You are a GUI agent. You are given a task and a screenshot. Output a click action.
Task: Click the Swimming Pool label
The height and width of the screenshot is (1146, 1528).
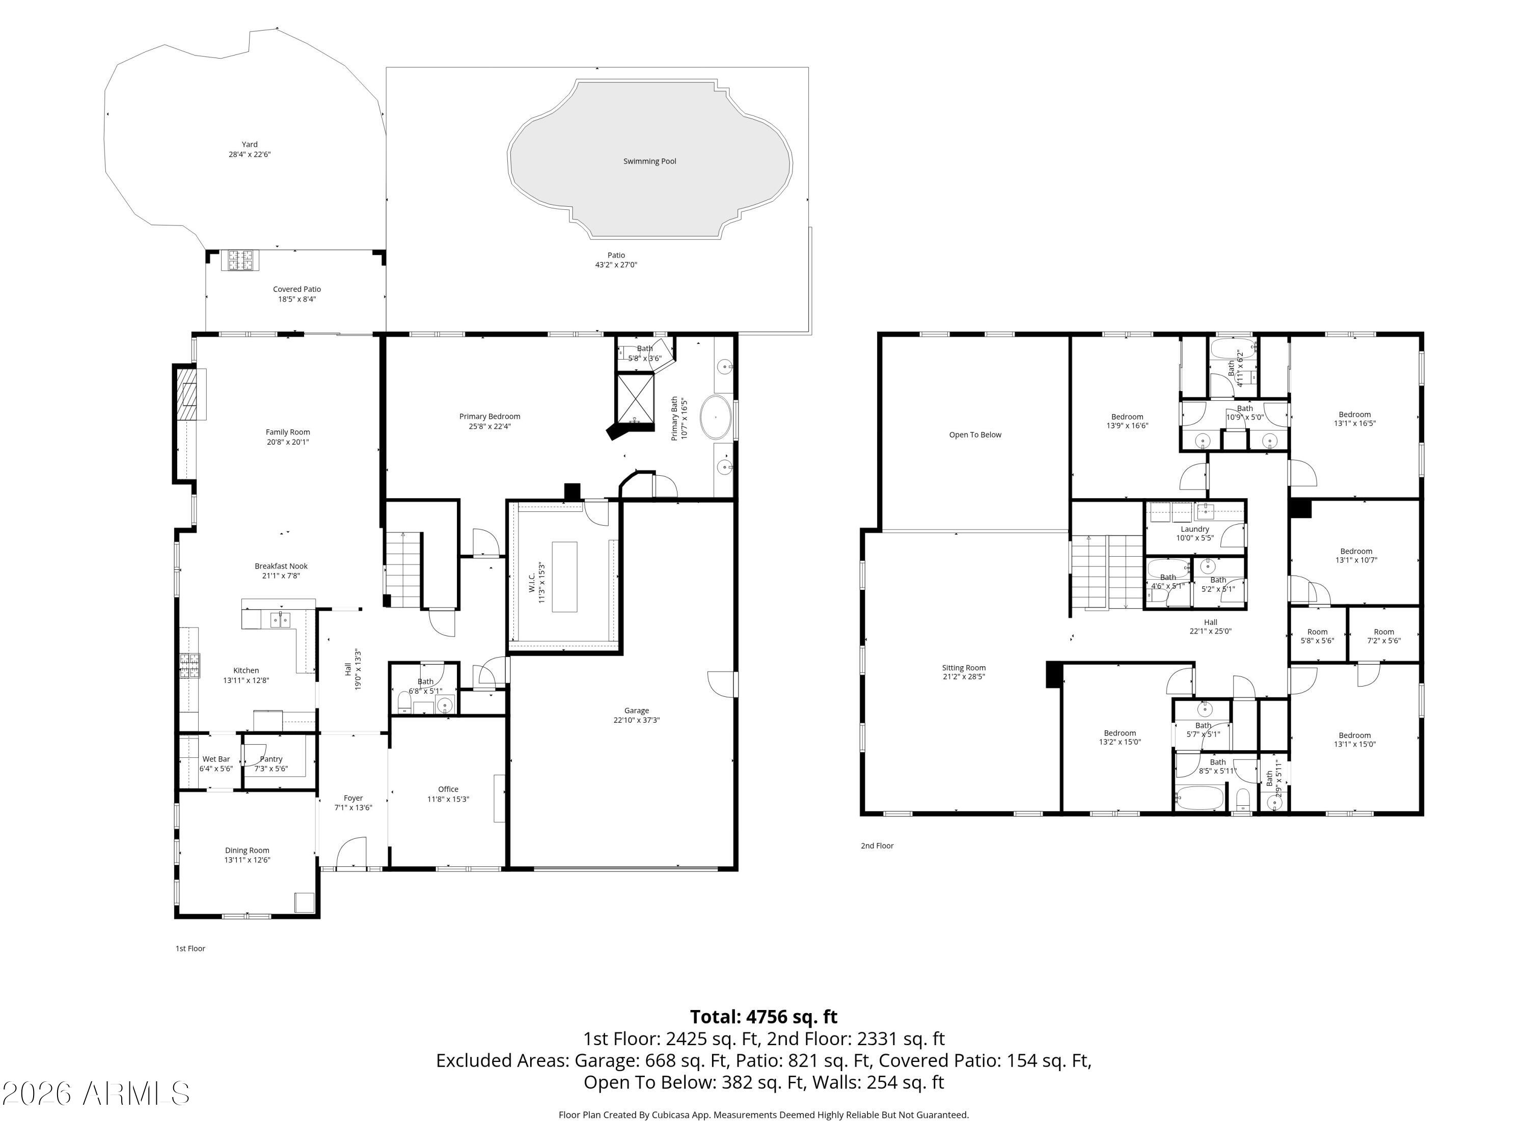tap(649, 161)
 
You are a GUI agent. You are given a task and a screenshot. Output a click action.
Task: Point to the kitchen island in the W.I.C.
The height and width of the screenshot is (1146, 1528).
tap(564, 577)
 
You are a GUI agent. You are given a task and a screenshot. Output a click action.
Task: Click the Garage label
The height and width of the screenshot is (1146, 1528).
tap(636, 710)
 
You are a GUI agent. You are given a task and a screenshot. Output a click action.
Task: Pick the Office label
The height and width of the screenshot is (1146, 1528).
tap(448, 789)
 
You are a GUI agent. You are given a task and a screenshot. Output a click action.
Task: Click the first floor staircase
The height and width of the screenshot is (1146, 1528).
tap(403, 568)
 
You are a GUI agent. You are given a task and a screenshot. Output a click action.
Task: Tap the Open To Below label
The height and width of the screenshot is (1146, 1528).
tap(975, 434)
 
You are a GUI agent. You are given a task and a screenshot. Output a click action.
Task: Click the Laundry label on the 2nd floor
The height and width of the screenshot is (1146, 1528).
tap(1194, 529)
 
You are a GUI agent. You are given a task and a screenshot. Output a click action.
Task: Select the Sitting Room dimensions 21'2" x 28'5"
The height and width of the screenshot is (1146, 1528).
tap(964, 677)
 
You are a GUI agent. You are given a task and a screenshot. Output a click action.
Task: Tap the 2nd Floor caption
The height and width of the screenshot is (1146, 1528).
tap(877, 845)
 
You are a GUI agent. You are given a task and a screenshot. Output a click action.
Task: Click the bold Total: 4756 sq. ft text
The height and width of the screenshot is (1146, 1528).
tap(763, 1017)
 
